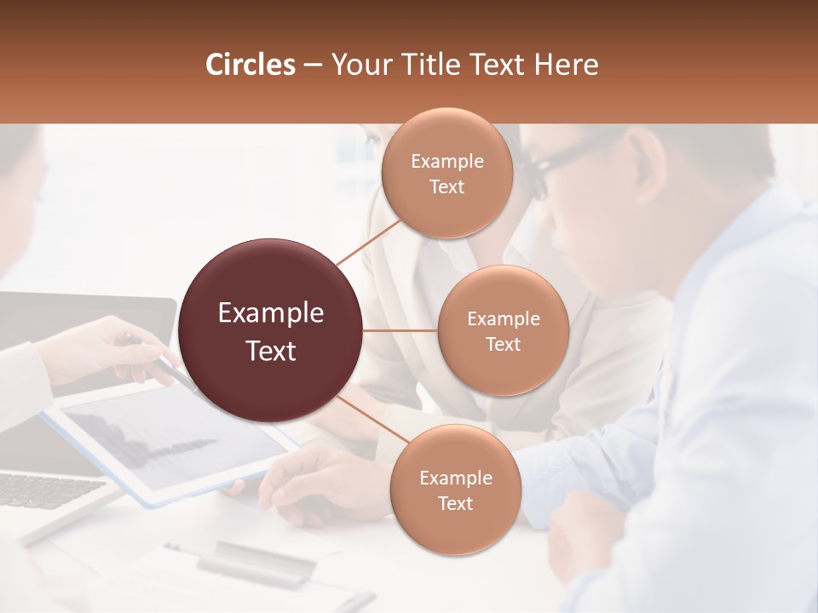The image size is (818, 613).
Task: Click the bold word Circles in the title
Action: (250, 65)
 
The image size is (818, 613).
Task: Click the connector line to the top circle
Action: (369, 242)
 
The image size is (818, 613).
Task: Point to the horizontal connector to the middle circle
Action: (400, 330)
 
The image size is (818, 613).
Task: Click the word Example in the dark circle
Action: (271, 313)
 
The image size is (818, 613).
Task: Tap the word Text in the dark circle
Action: (271, 350)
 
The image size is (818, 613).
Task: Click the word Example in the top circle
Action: (446, 161)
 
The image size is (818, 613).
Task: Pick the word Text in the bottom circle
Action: (455, 503)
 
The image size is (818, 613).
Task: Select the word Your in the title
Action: (357, 65)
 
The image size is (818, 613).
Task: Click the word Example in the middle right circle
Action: (503, 319)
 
